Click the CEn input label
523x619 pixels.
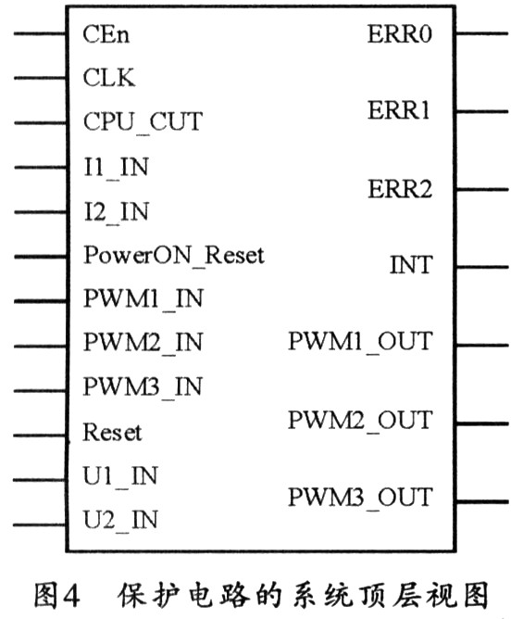(106, 34)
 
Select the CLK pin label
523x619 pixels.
(109, 78)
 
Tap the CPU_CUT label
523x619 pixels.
(143, 122)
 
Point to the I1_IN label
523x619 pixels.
(117, 168)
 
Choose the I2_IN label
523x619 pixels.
(117, 212)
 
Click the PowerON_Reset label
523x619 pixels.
(174, 256)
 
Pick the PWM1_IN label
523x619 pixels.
(143, 298)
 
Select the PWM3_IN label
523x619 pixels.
(143, 387)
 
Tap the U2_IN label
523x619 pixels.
(120, 520)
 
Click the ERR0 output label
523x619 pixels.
(400, 34)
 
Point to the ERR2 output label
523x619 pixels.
(400, 189)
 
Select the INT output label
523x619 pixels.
(411, 265)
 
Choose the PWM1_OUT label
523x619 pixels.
(360, 342)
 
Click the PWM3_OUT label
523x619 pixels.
(360, 498)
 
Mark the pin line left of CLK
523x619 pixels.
(40, 78)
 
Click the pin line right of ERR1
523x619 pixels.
(482, 112)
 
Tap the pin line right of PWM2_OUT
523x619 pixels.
(482, 424)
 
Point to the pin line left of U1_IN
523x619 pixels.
(40, 480)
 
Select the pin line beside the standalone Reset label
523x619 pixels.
(40, 436)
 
